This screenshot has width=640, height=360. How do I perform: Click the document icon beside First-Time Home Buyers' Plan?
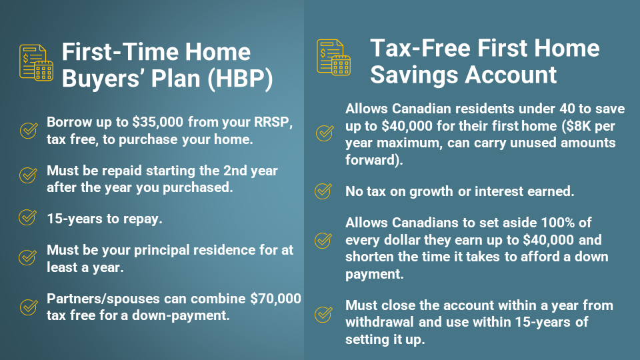[x=36, y=63]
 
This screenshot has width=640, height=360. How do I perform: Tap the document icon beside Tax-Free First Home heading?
[x=333, y=57]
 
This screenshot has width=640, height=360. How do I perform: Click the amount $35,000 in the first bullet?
[x=157, y=122]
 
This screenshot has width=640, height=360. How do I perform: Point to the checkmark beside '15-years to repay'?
[x=28, y=217]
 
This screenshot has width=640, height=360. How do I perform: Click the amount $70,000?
[x=275, y=299]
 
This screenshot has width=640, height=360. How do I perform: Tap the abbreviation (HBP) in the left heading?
[x=240, y=78]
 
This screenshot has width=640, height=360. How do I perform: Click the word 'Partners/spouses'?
[x=103, y=299]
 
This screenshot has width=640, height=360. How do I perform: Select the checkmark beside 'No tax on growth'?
[x=323, y=191]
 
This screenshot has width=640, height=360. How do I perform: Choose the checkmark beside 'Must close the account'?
[x=323, y=314]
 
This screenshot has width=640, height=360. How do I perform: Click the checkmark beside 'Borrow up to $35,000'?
[x=29, y=130]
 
